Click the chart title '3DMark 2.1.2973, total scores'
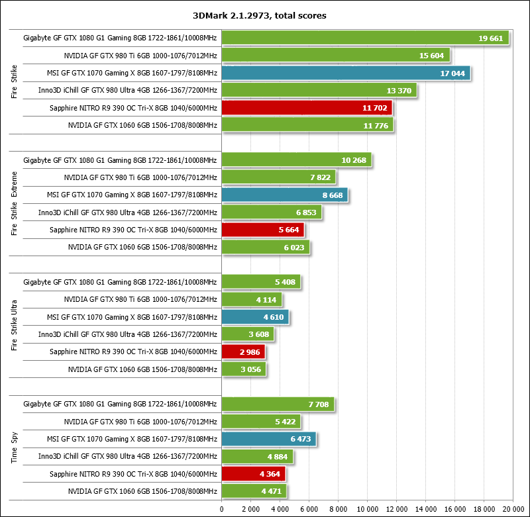click(264, 15)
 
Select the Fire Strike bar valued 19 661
click(365, 38)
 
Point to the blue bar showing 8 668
click(285, 195)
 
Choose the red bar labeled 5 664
click(262, 230)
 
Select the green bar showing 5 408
click(261, 282)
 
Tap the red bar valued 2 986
click(243, 352)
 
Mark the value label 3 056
click(248, 369)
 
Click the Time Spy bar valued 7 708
click(278, 404)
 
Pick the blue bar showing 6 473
click(269, 439)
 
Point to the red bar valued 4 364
click(253, 474)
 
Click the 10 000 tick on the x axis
click(368, 508)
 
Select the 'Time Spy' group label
click(15, 447)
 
